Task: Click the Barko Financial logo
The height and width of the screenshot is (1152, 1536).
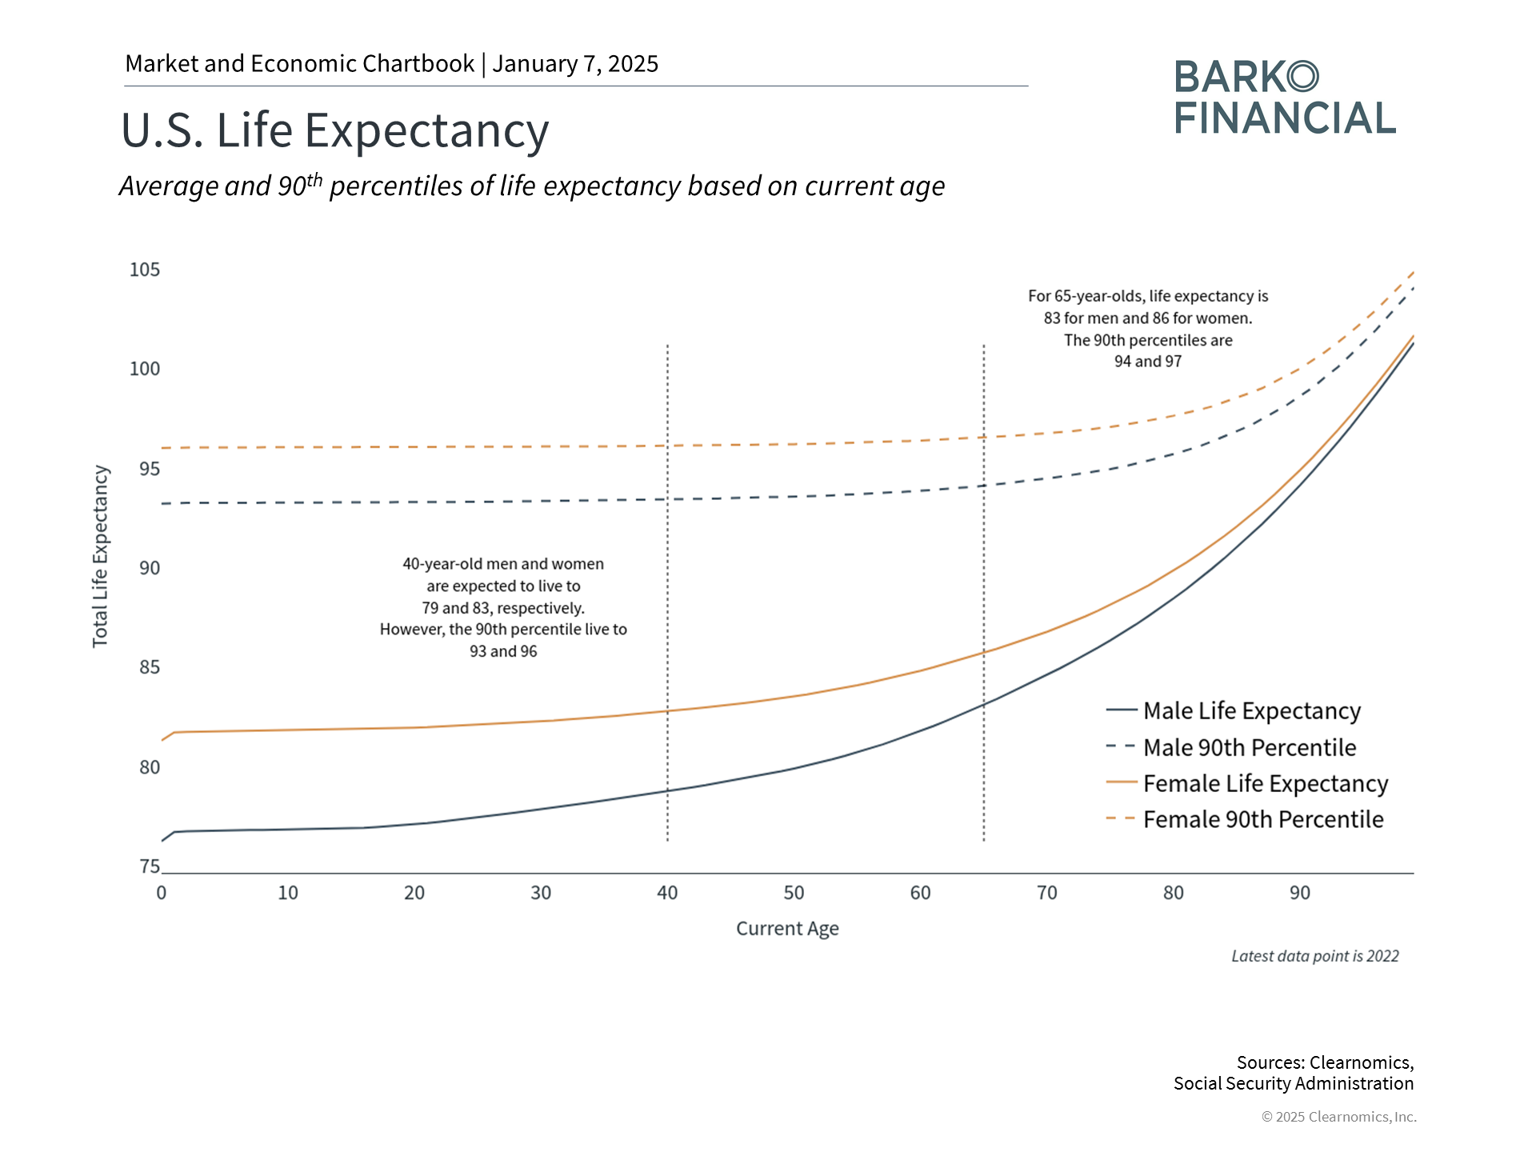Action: [1285, 98]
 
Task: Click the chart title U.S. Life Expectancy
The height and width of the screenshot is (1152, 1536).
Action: [334, 130]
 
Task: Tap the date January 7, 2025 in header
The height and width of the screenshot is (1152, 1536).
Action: [575, 64]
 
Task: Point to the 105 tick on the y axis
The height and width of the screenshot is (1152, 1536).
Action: [145, 270]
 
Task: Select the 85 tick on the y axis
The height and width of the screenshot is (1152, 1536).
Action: [150, 667]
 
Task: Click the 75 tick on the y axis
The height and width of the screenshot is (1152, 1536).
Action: [150, 866]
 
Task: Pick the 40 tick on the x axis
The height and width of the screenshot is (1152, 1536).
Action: [667, 893]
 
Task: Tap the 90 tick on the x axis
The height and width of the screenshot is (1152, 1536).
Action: [1300, 893]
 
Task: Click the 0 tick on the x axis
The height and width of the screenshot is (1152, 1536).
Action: [162, 893]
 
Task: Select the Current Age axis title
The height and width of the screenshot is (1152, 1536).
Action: [787, 929]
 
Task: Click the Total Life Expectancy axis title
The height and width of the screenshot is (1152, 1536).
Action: [100, 556]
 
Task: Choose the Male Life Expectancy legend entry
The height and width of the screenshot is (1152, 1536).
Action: [1251, 710]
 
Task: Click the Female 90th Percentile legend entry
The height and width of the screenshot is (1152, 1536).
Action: [1262, 819]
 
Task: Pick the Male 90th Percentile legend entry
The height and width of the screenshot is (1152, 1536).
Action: [1249, 747]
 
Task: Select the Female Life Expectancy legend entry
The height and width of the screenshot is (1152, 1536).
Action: [1265, 783]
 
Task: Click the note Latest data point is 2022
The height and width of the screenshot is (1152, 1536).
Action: [1314, 956]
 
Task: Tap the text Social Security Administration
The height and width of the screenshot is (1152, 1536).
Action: [1293, 1083]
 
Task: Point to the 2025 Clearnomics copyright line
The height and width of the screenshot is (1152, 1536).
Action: [1338, 1117]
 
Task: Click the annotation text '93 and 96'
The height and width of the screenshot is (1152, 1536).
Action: [503, 651]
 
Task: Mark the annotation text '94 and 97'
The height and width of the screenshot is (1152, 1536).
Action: [1148, 362]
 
